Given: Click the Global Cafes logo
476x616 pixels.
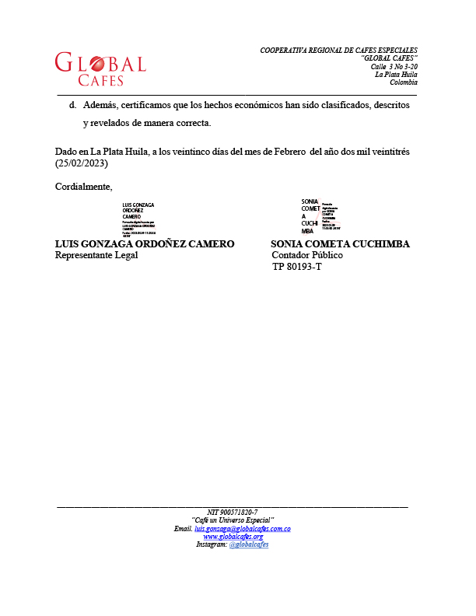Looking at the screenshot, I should point(100,69).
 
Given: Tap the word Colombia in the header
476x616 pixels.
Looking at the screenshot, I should point(404,82).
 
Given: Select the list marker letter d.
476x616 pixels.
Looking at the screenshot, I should point(72,105).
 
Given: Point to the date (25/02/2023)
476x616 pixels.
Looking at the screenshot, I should point(81,164).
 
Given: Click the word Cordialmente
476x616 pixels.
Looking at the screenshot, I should point(83,186).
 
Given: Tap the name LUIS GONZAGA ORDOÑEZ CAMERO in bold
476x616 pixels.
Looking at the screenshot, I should point(145,244).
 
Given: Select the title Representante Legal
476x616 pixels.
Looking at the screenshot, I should point(96,255).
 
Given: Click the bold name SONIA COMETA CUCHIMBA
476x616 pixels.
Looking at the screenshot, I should point(340,244).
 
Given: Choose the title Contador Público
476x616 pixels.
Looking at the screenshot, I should point(306,255).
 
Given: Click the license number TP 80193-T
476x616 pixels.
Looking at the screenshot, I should point(296,267).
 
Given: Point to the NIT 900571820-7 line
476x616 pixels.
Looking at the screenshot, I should point(233,512).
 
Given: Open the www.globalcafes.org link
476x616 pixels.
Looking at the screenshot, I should point(233,537).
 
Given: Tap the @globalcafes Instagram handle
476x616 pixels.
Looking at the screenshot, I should point(249,544).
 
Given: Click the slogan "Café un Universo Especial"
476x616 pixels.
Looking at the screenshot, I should point(233,520).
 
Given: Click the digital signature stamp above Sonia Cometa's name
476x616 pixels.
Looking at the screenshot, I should point(320,216).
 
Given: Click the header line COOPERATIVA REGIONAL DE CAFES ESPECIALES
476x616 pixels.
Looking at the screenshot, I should point(338,51).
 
